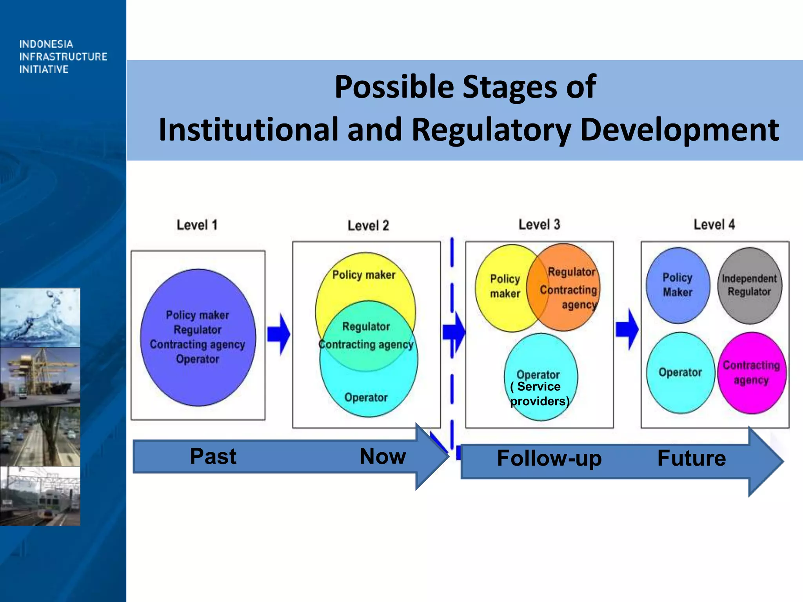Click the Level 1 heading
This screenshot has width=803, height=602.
[x=197, y=225]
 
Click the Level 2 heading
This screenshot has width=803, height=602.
[x=368, y=226]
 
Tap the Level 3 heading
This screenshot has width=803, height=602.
[x=539, y=225]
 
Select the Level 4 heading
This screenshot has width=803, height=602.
[x=714, y=225]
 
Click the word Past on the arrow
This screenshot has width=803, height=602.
[x=213, y=456]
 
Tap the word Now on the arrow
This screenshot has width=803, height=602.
[x=383, y=456]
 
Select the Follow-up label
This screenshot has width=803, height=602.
[x=549, y=458]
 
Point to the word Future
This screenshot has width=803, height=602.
[x=692, y=458]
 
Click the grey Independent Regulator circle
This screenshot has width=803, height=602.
[x=749, y=285]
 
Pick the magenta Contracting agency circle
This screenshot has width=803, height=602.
[x=752, y=373]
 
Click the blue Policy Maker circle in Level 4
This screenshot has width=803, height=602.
[x=678, y=285]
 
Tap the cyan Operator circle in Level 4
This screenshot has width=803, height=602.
[x=680, y=373]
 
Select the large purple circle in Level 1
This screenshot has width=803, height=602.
[x=198, y=337]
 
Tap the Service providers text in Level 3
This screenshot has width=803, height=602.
[x=540, y=394]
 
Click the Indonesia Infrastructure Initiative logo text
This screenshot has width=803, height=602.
[x=63, y=56]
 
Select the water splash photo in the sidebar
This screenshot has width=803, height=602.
[x=40, y=317]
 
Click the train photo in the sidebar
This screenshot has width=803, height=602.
[x=40, y=496]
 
